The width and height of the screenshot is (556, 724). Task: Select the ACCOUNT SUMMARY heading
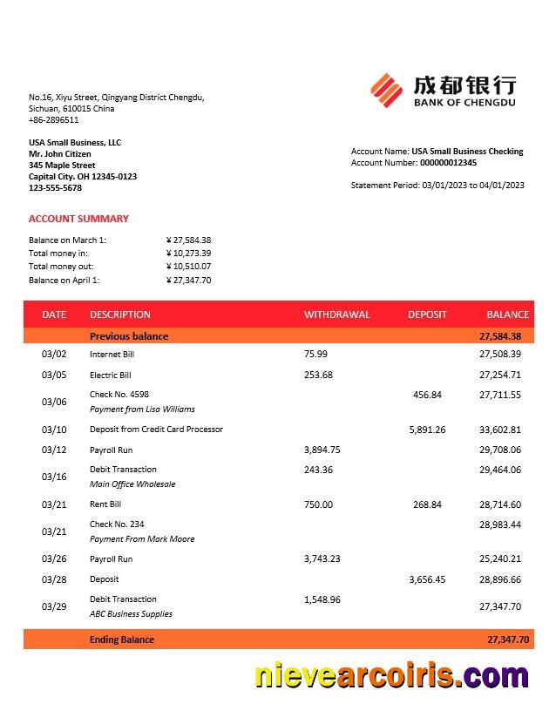pos(78,219)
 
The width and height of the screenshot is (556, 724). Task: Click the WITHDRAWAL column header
pos(336,315)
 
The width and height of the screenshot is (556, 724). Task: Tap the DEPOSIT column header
pos(427,315)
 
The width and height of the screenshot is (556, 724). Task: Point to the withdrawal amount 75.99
pos(315,355)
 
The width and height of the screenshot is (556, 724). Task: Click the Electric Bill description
pos(111,376)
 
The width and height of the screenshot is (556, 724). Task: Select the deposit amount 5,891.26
pos(427,430)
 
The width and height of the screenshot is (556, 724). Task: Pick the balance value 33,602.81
pos(500,430)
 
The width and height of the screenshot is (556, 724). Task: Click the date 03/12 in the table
pos(54,450)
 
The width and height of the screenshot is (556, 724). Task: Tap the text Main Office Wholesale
pos(132,484)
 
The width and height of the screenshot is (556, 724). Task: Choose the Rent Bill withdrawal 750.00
pos(318,504)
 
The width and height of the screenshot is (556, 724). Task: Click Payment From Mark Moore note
pos(142,539)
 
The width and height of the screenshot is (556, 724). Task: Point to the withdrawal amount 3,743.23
pos(322,559)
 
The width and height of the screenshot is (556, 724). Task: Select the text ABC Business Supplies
pos(131,614)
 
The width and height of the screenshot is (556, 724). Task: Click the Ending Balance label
pos(122,639)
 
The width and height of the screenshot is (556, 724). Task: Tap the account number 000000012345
pos(448,163)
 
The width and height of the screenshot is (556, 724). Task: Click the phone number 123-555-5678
pos(55,188)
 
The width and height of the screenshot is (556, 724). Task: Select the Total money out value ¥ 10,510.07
pos(188,267)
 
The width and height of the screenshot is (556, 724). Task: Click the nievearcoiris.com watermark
pos(391,676)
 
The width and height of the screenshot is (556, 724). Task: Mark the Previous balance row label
pos(129,336)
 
